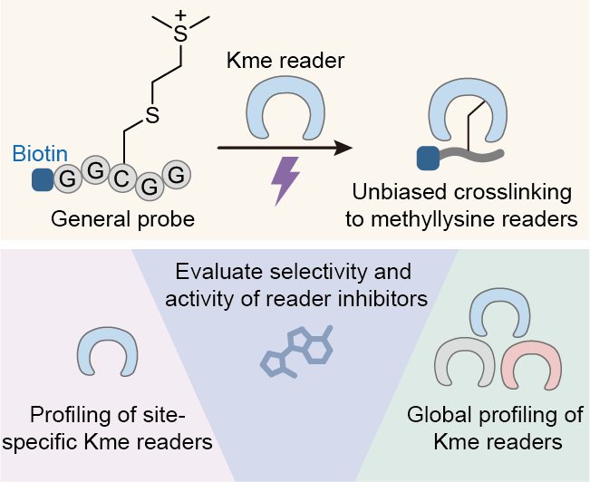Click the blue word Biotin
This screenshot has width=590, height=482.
[x=32, y=155]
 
